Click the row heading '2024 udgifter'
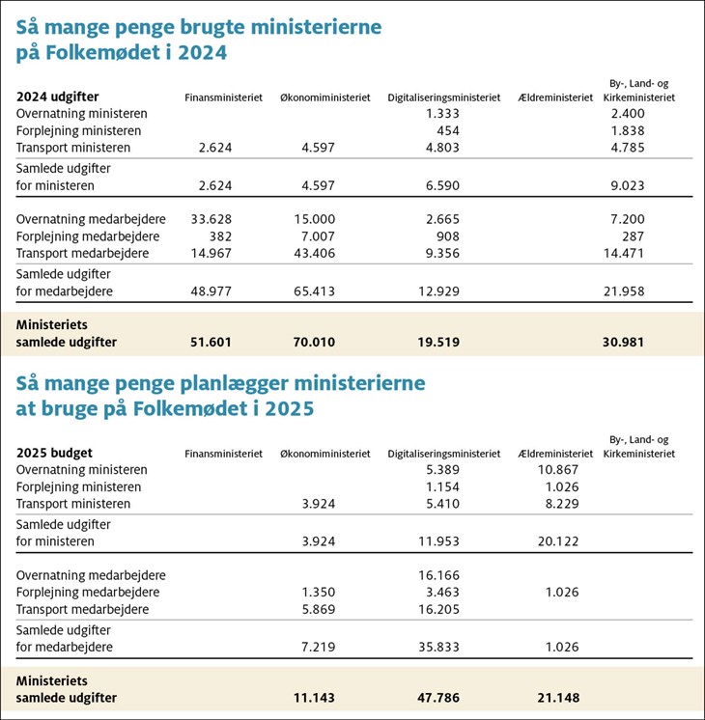pyautogui.click(x=58, y=97)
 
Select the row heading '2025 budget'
pyautogui.click(x=54, y=452)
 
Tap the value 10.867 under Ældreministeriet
pyautogui.click(x=559, y=468)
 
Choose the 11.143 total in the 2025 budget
pyautogui.click(x=313, y=698)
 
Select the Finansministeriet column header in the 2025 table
pyautogui.click(x=223, y=453)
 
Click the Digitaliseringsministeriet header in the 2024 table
pyautogui.click(x=444, y=97)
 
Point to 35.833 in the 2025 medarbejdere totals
pyautogui.click(x=439, y=644)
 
